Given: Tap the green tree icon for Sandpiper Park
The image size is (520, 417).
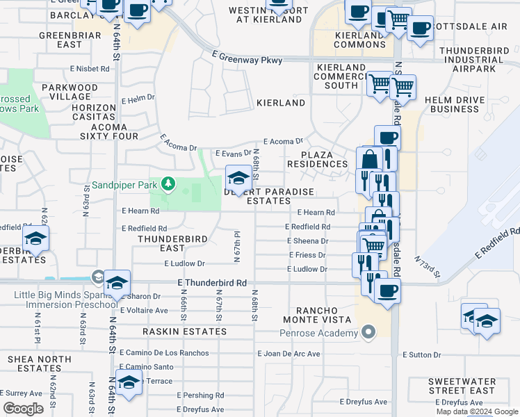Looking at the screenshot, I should click(167, 184).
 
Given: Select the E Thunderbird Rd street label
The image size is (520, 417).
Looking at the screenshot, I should click(212, 283).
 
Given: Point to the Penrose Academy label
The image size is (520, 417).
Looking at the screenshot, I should click(319, 333).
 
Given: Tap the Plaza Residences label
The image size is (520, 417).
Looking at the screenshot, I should click(323, 158).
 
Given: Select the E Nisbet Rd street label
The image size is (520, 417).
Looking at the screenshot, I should click(90, 69).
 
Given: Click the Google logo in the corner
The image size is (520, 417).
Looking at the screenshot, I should click(23, 409).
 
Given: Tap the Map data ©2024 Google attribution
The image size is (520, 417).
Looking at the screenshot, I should click(477, 411).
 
